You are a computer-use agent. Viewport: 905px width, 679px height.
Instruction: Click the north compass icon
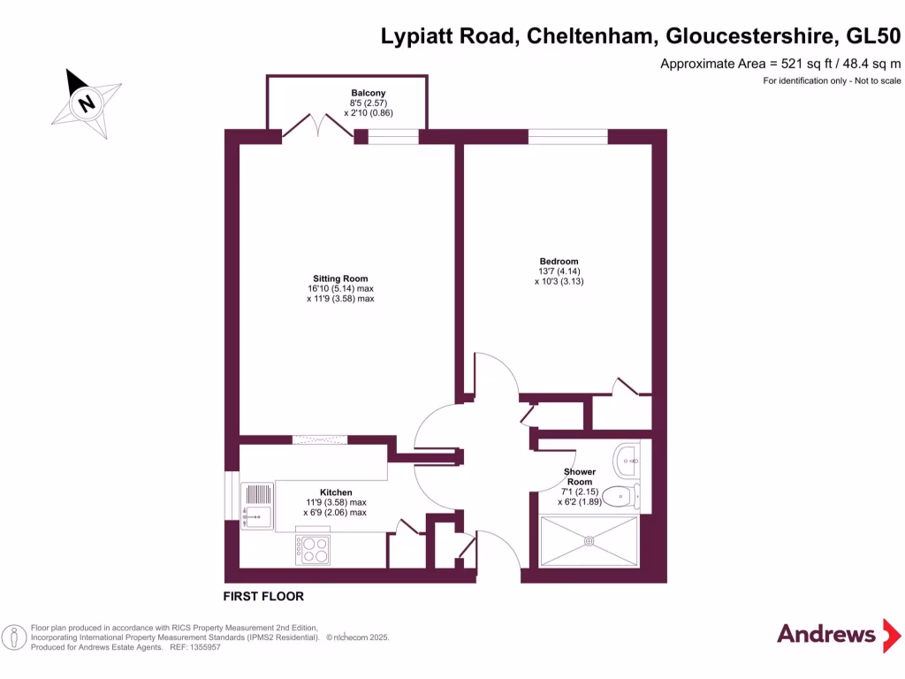(86, 103)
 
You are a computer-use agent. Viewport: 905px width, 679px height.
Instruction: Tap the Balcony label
(368, 93)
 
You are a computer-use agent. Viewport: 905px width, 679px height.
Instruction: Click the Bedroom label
(559, 261)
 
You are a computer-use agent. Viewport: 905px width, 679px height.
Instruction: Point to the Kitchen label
(336, 492)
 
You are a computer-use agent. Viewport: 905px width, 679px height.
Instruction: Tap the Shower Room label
(580, 477)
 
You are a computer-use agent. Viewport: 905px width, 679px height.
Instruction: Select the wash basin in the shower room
(630, 457)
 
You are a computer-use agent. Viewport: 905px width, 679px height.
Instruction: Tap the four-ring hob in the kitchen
(315, 550)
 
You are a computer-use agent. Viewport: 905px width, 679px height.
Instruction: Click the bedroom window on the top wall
(567, 136)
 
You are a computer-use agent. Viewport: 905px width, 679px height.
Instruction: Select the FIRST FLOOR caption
(263, 597)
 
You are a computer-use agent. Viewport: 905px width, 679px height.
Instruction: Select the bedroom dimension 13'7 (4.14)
(559, 271)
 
